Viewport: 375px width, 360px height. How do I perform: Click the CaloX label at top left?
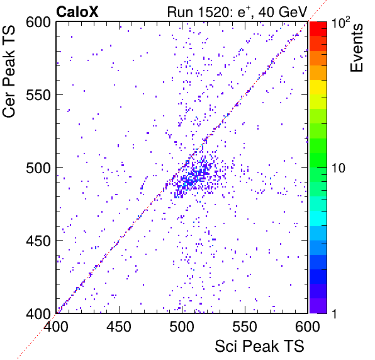(x=77, y=12)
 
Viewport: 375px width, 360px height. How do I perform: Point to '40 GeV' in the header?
(x=283, y=12)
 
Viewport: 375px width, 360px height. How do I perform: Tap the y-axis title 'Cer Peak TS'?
(x=9, y=71)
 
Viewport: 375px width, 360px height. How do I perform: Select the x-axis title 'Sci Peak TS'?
(x=259, y=346)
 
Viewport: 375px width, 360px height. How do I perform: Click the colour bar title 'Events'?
(x=356, y=48)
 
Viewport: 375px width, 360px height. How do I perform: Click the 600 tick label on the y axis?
(x=38, y=23)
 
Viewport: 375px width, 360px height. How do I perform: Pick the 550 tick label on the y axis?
(x=38, y=96)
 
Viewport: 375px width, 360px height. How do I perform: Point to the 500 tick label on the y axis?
(x=38, y=169)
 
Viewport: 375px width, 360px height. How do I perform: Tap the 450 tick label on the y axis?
(x=38, y=241)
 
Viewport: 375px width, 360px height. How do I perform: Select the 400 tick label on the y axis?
(x=38, y=314)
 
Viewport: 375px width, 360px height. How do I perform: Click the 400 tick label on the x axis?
(x=56, y=327)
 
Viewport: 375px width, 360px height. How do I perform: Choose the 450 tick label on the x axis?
(x=119, y=327)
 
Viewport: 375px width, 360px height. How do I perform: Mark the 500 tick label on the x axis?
(x=182, y=327)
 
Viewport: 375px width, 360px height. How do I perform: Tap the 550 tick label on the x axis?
(x=245, y=327)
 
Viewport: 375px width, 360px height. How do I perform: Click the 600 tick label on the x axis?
(x=308, y=327)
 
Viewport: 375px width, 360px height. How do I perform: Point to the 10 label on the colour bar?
(x=339, y=169)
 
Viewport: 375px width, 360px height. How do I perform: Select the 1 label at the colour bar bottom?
(x=334, y=314)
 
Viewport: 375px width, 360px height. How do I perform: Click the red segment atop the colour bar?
(x=318, y=29)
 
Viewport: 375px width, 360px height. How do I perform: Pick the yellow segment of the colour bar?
(x=318, y=87)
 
